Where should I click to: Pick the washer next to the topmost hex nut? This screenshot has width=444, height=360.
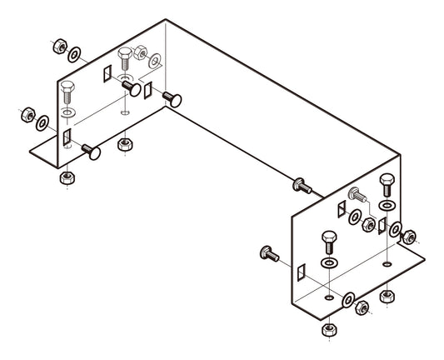click(75, 55)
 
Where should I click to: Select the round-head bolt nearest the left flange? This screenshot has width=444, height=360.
click(89, 152)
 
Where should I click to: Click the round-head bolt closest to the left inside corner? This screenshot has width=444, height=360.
click(172, 98)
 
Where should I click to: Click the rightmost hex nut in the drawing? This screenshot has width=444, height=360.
click(408, 240)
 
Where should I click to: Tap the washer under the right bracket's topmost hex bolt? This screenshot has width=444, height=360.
click(387, 204)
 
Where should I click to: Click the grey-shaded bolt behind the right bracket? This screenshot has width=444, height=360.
click(356, 195)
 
